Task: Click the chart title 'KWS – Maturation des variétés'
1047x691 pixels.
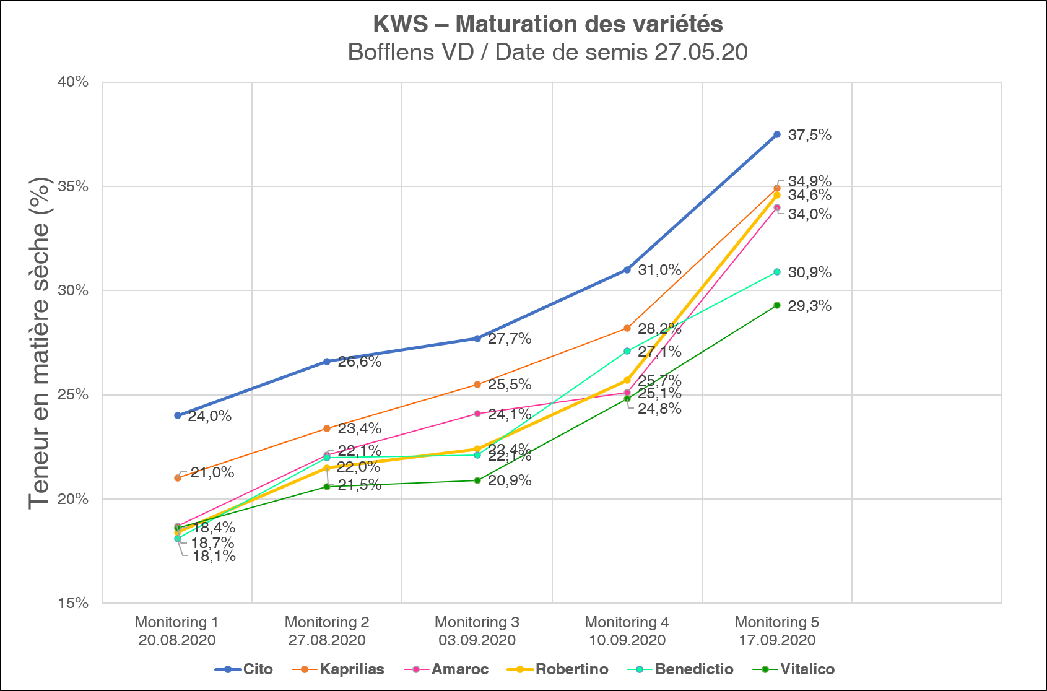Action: (x=548, y=25)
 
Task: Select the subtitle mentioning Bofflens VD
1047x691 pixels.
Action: (x=548, y=52)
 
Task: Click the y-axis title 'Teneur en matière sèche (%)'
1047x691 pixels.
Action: (x=38, y=343)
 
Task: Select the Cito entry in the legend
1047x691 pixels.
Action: (x=244, y=669)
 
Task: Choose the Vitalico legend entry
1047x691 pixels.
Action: (x=794, y=669)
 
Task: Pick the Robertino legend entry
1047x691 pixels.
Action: (x=558, y=669)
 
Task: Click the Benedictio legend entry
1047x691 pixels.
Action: (x=680, y=669)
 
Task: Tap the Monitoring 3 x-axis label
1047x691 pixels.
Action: (x=477, y=631)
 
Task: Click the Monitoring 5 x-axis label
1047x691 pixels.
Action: (x=777, y=631)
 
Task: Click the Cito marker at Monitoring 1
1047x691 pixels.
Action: (x=178, y=415)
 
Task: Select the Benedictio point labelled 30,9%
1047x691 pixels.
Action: (x=777, y=272)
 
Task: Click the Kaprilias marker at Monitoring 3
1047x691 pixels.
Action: (x=477, y=385)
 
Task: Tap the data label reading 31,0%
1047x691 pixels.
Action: (x=659, y=270)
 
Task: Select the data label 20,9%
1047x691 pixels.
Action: (x=510, y=480)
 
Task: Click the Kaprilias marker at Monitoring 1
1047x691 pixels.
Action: (x=178, y=478)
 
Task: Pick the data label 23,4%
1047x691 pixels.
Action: (x=360, y=428)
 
